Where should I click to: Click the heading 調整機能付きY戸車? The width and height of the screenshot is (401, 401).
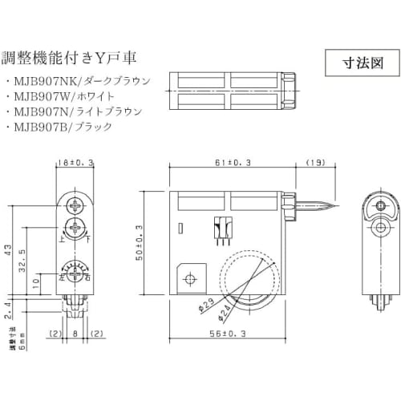72,58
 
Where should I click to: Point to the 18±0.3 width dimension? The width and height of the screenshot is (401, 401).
75,162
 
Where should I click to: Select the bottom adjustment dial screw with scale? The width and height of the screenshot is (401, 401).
74,275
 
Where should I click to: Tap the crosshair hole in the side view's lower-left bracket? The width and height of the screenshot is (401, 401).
190,279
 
